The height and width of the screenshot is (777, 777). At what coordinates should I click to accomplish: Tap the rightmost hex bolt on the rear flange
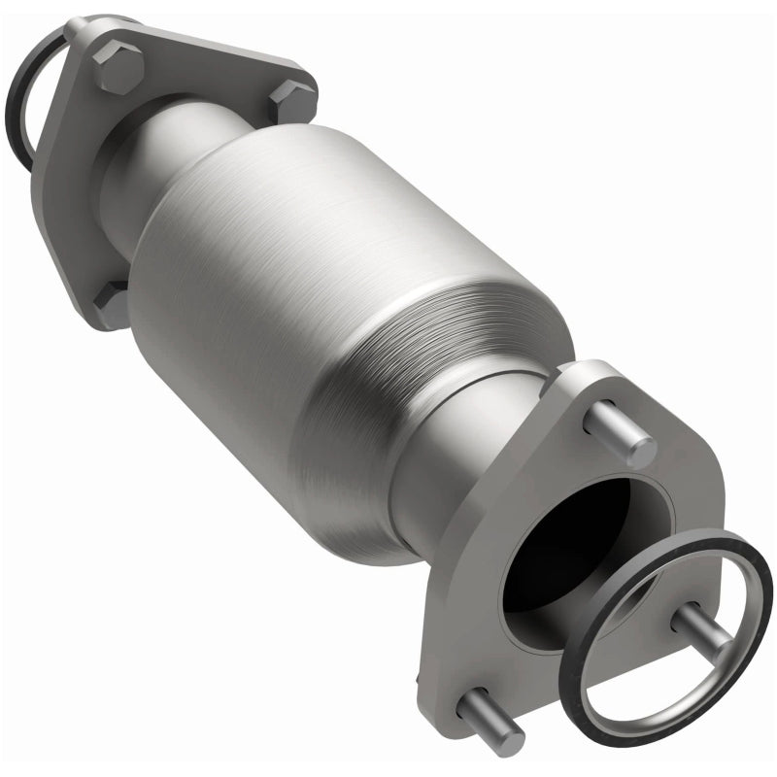292,101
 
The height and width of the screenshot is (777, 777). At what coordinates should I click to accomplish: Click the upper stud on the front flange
623,432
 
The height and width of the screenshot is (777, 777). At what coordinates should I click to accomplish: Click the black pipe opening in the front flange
573,544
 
